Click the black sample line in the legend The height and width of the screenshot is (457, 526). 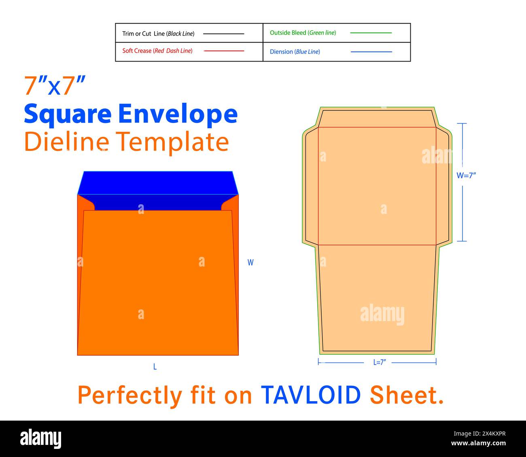[223, 34]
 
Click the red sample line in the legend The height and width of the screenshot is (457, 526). [224, 51]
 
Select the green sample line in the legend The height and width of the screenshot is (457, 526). [371, 33]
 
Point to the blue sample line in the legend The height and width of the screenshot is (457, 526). [371, 52]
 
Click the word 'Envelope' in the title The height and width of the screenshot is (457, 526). [178, 114]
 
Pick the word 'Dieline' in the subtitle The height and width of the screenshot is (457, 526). [66, 142]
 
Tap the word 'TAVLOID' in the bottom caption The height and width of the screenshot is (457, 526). [311, 395]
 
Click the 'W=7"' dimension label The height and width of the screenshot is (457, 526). [466, 176]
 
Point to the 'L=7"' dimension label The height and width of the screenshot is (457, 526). [380, 362]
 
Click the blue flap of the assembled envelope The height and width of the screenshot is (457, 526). [157, 184]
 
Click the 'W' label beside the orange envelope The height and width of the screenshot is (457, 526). [250, 262]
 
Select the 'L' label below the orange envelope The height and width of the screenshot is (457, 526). [155, 367]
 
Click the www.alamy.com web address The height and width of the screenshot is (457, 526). [478, 443]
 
